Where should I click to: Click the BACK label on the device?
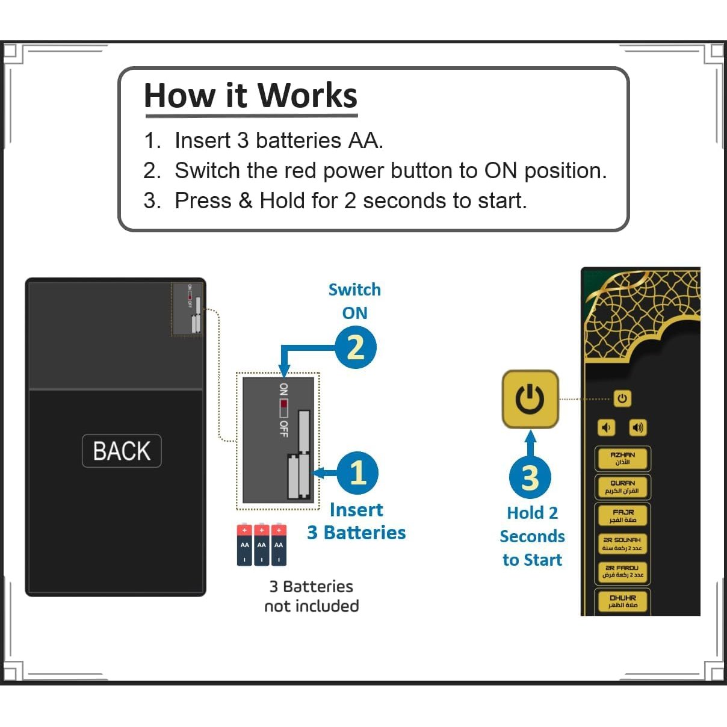pos(122,451)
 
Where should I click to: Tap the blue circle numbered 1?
pos(357,472)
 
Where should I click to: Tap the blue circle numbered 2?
pos(355,347)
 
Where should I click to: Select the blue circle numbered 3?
pos(530,477)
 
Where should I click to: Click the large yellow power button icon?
pos(530,399)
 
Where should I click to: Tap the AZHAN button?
pos(622,459)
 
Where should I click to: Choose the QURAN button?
pos(622,487)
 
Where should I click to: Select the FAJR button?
pos(622,516)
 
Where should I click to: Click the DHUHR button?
pos(622,601)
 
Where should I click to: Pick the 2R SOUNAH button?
pos(622,544)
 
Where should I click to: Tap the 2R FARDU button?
pos(622,572)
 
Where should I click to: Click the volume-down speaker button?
pos(606,427)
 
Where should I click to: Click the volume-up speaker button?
pos(637,427)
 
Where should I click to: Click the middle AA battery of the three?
pos(261,545)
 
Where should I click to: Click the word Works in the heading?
pos(307,96)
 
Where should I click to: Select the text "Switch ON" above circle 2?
pos(354,301)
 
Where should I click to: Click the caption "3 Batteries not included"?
pos(311,596)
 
